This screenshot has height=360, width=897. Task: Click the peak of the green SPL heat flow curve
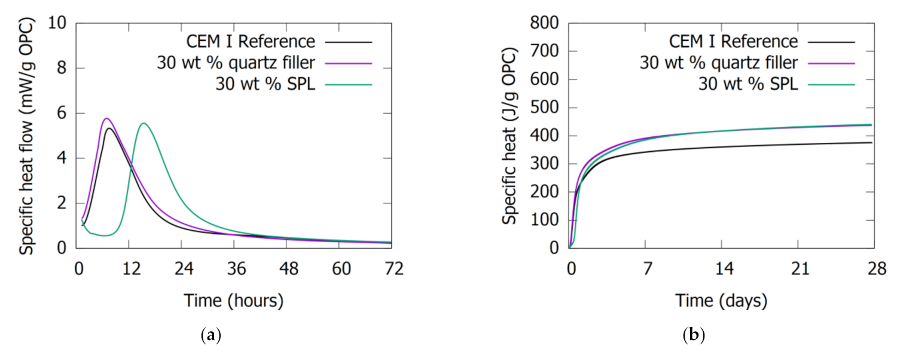144,123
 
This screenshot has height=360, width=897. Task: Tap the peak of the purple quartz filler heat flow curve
106,118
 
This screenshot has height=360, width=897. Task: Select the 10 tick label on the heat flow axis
58,24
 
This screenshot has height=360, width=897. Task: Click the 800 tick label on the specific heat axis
547,24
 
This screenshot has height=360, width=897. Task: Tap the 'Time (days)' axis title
721,300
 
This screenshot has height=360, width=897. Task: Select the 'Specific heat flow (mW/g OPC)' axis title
26,136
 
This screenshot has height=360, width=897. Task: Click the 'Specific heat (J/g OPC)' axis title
509,136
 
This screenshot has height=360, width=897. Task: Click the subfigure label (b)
694,336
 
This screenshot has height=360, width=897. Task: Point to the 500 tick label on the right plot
547,108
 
